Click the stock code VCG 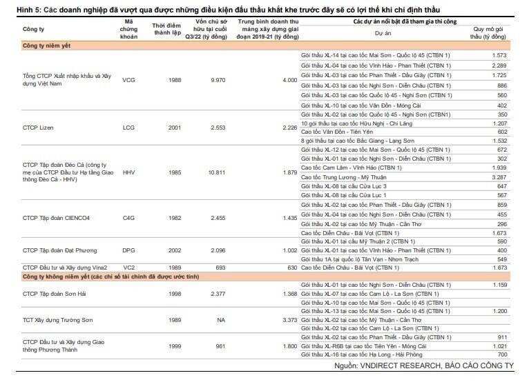(x=128, y=80)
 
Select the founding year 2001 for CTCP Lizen (x=175, y=128)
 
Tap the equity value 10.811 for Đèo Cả (x=217, y=172)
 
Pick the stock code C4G (x=128, y=218)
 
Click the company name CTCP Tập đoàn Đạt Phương (x=59, y=250)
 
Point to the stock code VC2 (x=129, y=268)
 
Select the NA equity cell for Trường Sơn (x=221, y=320)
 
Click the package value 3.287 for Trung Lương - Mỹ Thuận (x=499, y=177)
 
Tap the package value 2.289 (x=499, y=66)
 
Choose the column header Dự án (x=383, y=33)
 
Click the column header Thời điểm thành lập (x=166, y=29)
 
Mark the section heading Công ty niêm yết (x=46, y=46)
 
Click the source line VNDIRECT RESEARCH (x=401, y=365)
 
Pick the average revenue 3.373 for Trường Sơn (x=290, y=320)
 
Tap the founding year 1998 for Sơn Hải (x=175, y=294)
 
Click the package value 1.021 (x=499, y=346)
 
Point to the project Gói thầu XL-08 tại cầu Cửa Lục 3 (x=344, y=186)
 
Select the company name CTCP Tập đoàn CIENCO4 (x=57, y=219)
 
